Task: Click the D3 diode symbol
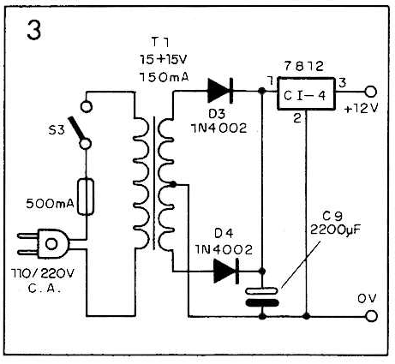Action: pos(220,91)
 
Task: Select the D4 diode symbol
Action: pos(226,272)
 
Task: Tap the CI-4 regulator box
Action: pos(306,94)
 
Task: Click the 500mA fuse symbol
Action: pos(86,196)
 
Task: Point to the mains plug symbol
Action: pos(45,243)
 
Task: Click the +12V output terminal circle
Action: pos(371,92)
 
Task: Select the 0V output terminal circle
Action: pos(371,316)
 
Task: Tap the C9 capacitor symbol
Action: pos(262,297)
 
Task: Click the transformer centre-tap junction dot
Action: pos(172,184)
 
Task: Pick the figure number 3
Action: pos(34,30)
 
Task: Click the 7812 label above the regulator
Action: pos(304,66)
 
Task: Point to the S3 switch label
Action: pos(57,130)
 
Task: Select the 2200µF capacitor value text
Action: pos(335,230)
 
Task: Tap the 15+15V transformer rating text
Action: pos(163,60)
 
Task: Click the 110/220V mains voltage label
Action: pos(43,273)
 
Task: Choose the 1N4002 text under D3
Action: pos(218,128)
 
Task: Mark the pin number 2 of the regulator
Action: pos(297,118)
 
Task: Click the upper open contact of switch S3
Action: pos(87,106)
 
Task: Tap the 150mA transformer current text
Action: pos(164,77)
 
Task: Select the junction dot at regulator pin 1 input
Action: pos(261,91)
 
